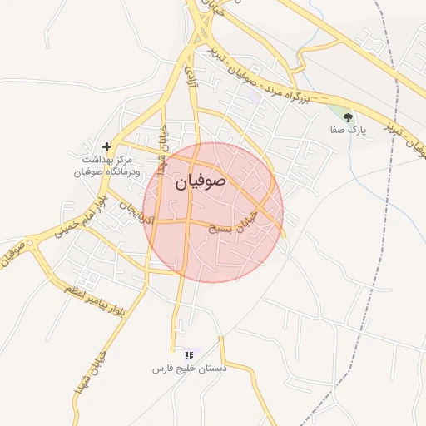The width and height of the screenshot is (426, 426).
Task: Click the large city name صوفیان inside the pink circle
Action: tap(201, 182)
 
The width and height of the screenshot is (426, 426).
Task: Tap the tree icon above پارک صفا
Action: tap(348, 117)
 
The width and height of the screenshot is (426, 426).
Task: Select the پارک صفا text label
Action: tap(348, 131)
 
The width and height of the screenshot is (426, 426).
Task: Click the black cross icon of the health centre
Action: tap(106, 146)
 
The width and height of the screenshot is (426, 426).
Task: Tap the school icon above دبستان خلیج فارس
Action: tap(188, 355)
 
